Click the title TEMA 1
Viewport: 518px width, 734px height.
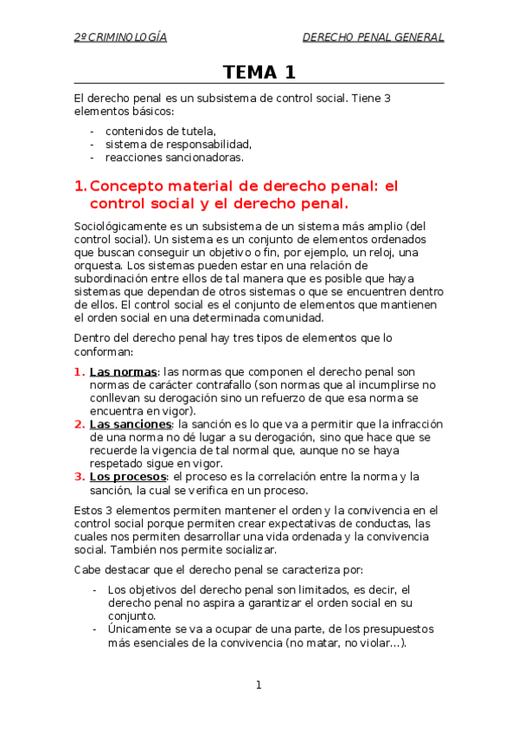point(259,72)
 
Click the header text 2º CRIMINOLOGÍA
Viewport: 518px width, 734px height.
point(120,37)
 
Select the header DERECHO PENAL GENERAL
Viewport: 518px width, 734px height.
point(373,37)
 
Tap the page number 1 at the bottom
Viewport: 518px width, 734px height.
point(259,686)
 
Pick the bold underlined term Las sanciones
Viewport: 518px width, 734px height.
point(131,424)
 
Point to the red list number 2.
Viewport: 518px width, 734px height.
point(80,424)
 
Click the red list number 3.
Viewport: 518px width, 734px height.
point(80,476)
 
